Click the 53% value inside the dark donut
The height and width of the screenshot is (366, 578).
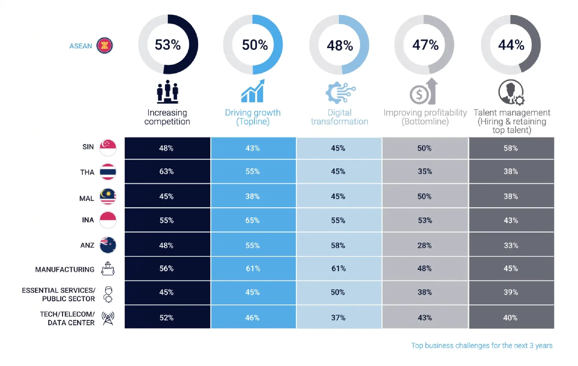(168, 45)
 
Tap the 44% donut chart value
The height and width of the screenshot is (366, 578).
(511, 45)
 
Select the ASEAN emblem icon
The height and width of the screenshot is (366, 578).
(104, 46)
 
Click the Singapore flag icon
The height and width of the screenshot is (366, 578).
(108, 147)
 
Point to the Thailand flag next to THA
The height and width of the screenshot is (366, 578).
(108, 172)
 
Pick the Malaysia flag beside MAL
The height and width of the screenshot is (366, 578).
(108, 197)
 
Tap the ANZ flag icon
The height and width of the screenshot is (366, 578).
(108, 245)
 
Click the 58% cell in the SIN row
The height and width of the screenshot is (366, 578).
(511, 148)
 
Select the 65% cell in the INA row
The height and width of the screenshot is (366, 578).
(252, 220)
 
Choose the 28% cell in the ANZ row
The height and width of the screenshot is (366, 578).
(424, 245)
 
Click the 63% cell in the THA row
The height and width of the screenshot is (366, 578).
(166, 171)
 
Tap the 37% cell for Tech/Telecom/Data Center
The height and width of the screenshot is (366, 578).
(338, 318)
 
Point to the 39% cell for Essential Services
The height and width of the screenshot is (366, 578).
(511, 292)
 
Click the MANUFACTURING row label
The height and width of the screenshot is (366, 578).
(65, 269)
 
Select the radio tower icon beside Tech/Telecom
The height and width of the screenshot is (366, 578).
(108, 318)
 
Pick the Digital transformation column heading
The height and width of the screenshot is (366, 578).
(340, 117)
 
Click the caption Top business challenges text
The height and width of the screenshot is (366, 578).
(481, 346)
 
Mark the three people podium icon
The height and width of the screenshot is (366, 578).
(167, 92)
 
